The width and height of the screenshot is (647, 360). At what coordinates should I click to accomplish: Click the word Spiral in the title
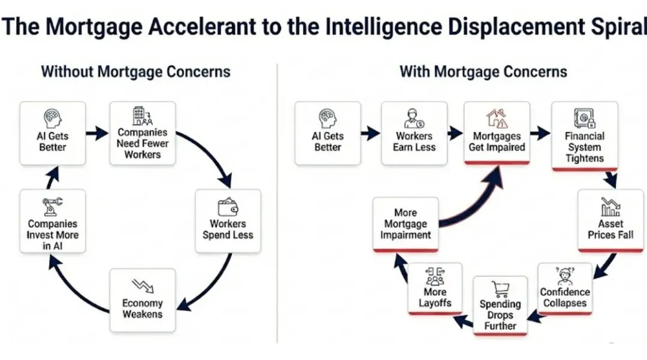622,28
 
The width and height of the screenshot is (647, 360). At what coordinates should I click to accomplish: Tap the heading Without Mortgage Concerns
135,72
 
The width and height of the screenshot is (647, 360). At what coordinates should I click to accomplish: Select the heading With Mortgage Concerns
483,72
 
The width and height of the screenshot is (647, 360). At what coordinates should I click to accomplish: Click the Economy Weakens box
143,300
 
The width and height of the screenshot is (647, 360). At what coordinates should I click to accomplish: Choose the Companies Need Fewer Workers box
143,134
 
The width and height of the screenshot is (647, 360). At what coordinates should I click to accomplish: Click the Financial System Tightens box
585,136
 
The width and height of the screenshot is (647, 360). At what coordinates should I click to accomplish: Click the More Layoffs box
435,289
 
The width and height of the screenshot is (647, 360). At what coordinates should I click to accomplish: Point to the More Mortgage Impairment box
406,225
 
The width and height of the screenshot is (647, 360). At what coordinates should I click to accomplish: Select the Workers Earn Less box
414,133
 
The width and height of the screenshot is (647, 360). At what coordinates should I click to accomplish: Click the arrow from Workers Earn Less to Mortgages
455,133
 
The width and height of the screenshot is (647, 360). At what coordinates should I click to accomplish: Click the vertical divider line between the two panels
277,204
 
